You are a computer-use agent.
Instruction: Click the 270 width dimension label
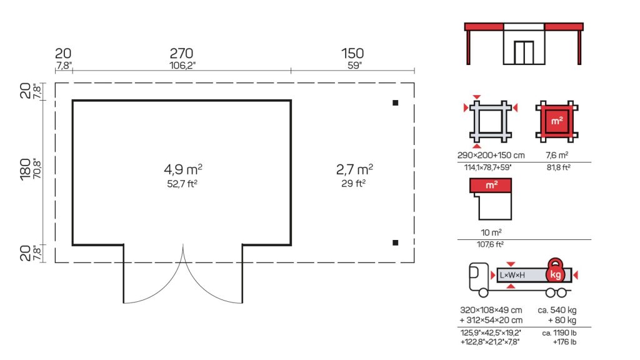tap(181, 53)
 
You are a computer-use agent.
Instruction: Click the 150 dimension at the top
tap(352, 53)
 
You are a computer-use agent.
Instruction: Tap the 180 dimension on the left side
tap(25, 169)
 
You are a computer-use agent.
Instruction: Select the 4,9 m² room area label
tap(183, 169)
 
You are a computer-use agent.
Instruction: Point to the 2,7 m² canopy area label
tap(354, 169)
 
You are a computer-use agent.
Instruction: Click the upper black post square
tap(395, 103)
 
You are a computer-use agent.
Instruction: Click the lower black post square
tap(395, 243)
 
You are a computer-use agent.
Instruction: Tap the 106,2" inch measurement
tap(182, 65)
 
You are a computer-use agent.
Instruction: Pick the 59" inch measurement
tap(355, 65)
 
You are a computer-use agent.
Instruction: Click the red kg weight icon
tap(555, 271)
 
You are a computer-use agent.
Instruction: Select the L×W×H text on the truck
tap(512, 276)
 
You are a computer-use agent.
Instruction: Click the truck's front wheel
tap(483, 292)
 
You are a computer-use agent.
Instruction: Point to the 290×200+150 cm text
tap(491, 155)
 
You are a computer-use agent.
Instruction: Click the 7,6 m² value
tap(557, 155)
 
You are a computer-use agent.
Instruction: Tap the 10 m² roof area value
tap(491, 232)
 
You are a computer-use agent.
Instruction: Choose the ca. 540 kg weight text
tap(557, 310)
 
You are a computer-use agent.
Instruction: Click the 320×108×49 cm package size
tap(491, 310)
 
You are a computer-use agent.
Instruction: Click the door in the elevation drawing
tap(524, 52)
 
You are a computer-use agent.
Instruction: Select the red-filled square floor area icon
tap(557, 121)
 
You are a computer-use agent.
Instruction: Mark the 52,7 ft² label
tap(182, 184)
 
